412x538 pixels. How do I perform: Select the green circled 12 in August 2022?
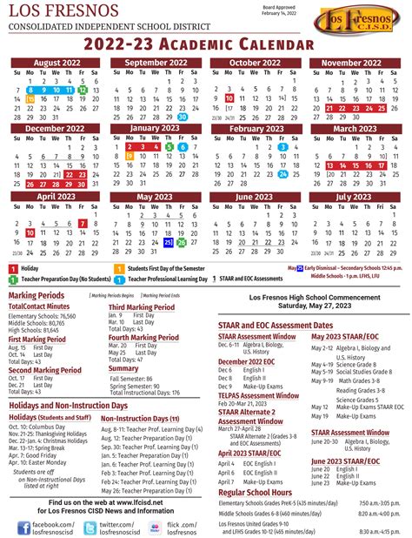pyautogui.click(x=83, y=90)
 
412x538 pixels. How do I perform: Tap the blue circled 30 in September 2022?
pyautogui.click(x=183, y=117)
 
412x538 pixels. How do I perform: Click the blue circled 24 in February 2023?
pyautogui.click(x=283, y=172)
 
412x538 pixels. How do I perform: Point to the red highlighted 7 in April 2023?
pyautogui.click(x=83, y=222)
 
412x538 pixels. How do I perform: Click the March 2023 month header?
pyautogui.click(x=355, y=128)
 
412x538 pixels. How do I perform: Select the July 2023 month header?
pyautogui.click(x=355, y=197)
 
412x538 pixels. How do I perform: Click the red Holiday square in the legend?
pyautogui.click(x=13, y=268)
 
